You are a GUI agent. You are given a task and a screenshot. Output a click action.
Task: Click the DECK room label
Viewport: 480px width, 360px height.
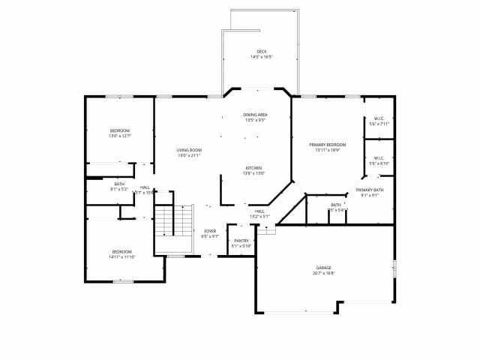pos(261,52)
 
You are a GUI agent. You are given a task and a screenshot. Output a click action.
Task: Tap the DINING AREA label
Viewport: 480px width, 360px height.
pos(255,115)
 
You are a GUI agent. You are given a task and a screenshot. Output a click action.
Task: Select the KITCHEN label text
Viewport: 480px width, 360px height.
pos(254,168)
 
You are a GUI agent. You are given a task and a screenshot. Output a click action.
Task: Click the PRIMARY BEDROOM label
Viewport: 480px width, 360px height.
pos(328,145)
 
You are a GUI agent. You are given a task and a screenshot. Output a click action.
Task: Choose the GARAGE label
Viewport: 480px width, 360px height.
pos(324,268)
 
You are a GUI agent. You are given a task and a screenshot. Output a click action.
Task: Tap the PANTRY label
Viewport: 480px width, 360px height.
pos(241,241)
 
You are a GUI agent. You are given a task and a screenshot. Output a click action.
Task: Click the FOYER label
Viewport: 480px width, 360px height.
pos(210,231)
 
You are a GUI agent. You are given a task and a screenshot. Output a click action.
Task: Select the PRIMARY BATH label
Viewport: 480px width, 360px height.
pos(370,190)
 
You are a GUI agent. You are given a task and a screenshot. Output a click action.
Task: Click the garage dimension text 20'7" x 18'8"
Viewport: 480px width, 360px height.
pos(324,273)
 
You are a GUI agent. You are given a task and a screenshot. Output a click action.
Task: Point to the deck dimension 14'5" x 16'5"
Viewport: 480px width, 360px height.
pos(261,57)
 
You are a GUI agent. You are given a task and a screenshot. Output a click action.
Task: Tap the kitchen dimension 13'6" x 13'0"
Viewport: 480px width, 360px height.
pos(254,173)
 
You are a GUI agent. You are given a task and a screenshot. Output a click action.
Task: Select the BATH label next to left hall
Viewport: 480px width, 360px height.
pos(119,184)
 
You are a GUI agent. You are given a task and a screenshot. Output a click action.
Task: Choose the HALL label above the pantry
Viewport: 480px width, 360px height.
pos(259,211)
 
